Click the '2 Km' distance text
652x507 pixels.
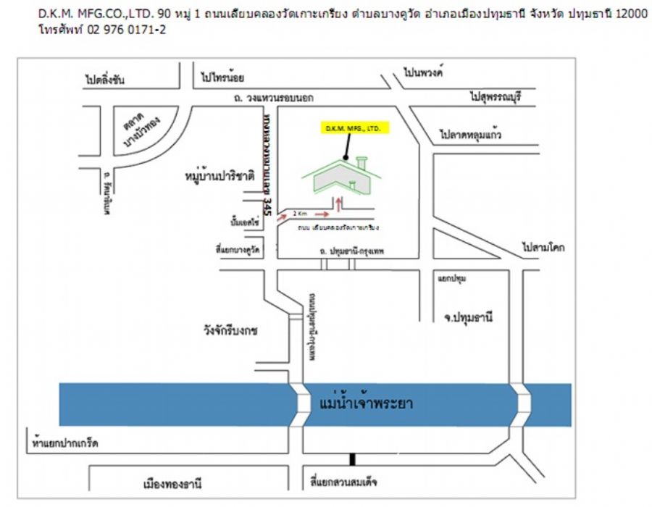tap(301, 214)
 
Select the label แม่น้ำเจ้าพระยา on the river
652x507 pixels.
tap(366, 403)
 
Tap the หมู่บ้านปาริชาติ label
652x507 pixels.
tap(219, 175)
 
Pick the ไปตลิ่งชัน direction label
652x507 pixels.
tap(104, 80)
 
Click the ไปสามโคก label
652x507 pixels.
tap(543, 248)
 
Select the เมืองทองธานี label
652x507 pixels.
tap(172, 482)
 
